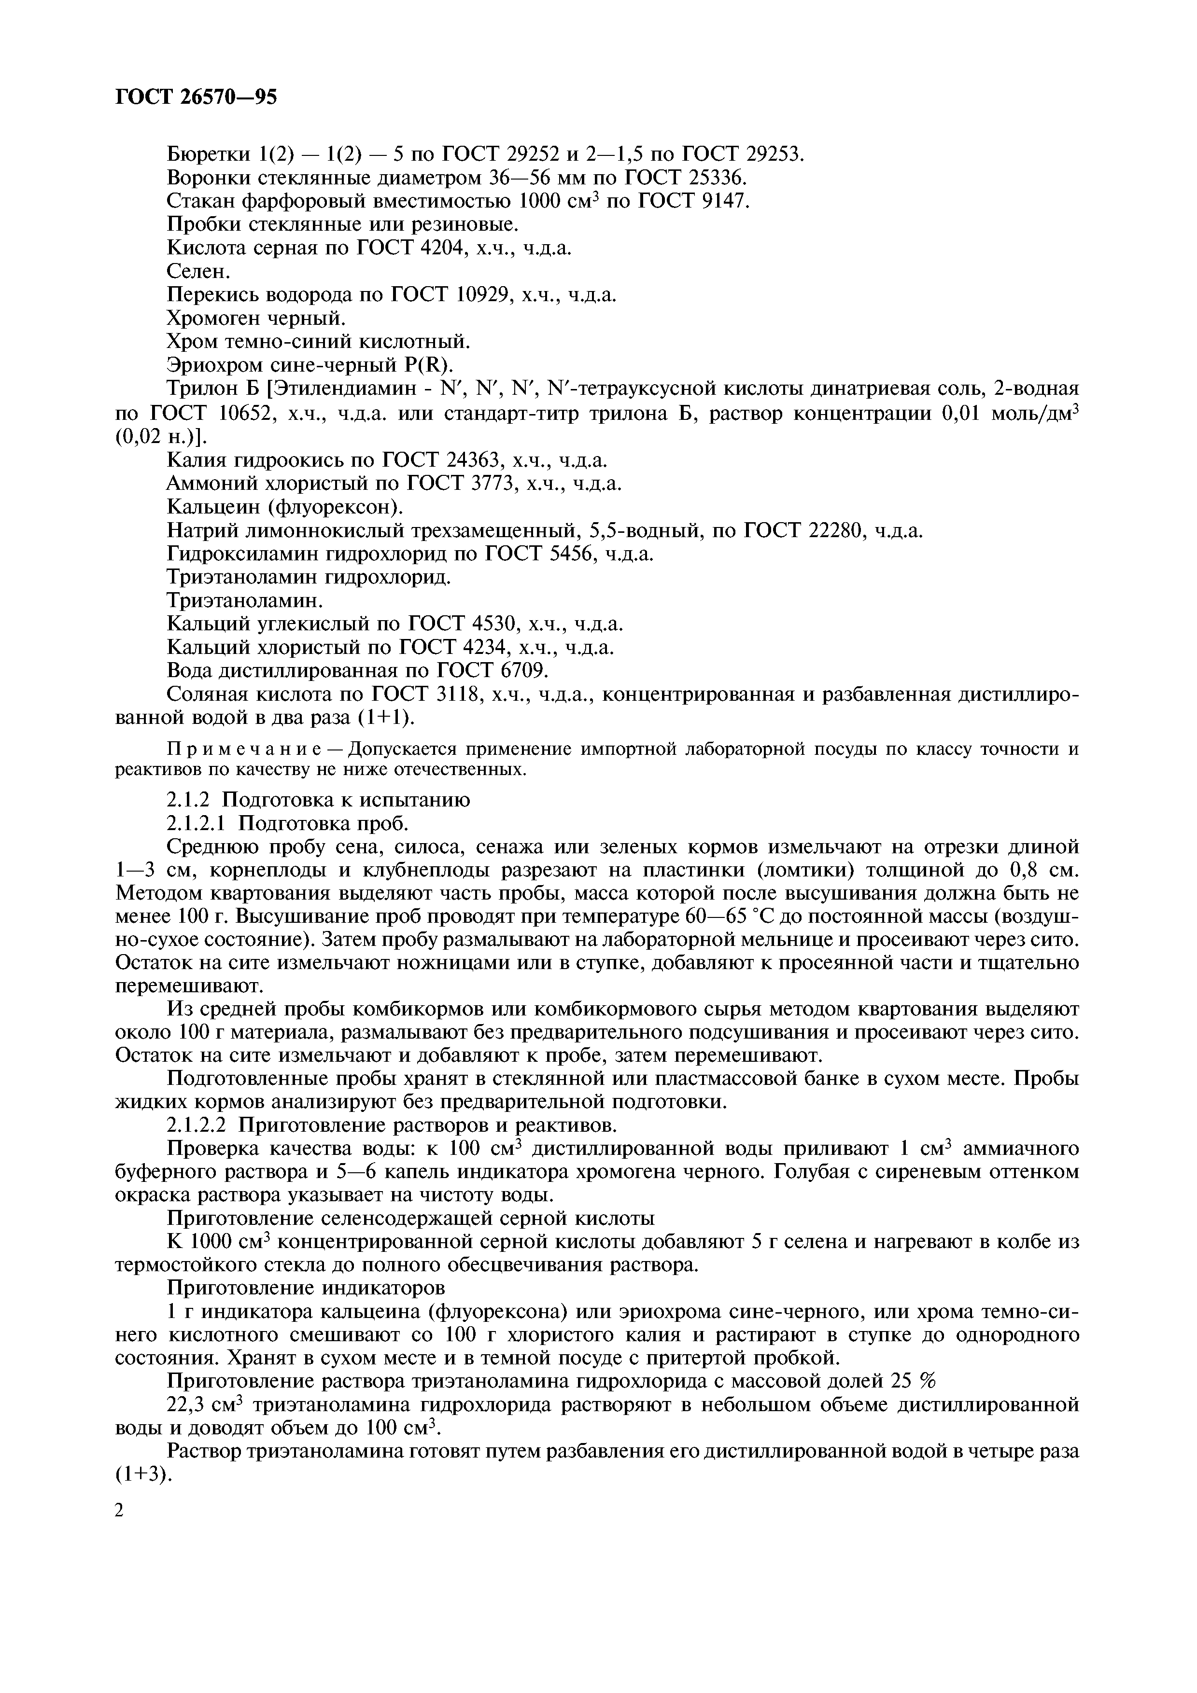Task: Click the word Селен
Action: click(x=196, y=272)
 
